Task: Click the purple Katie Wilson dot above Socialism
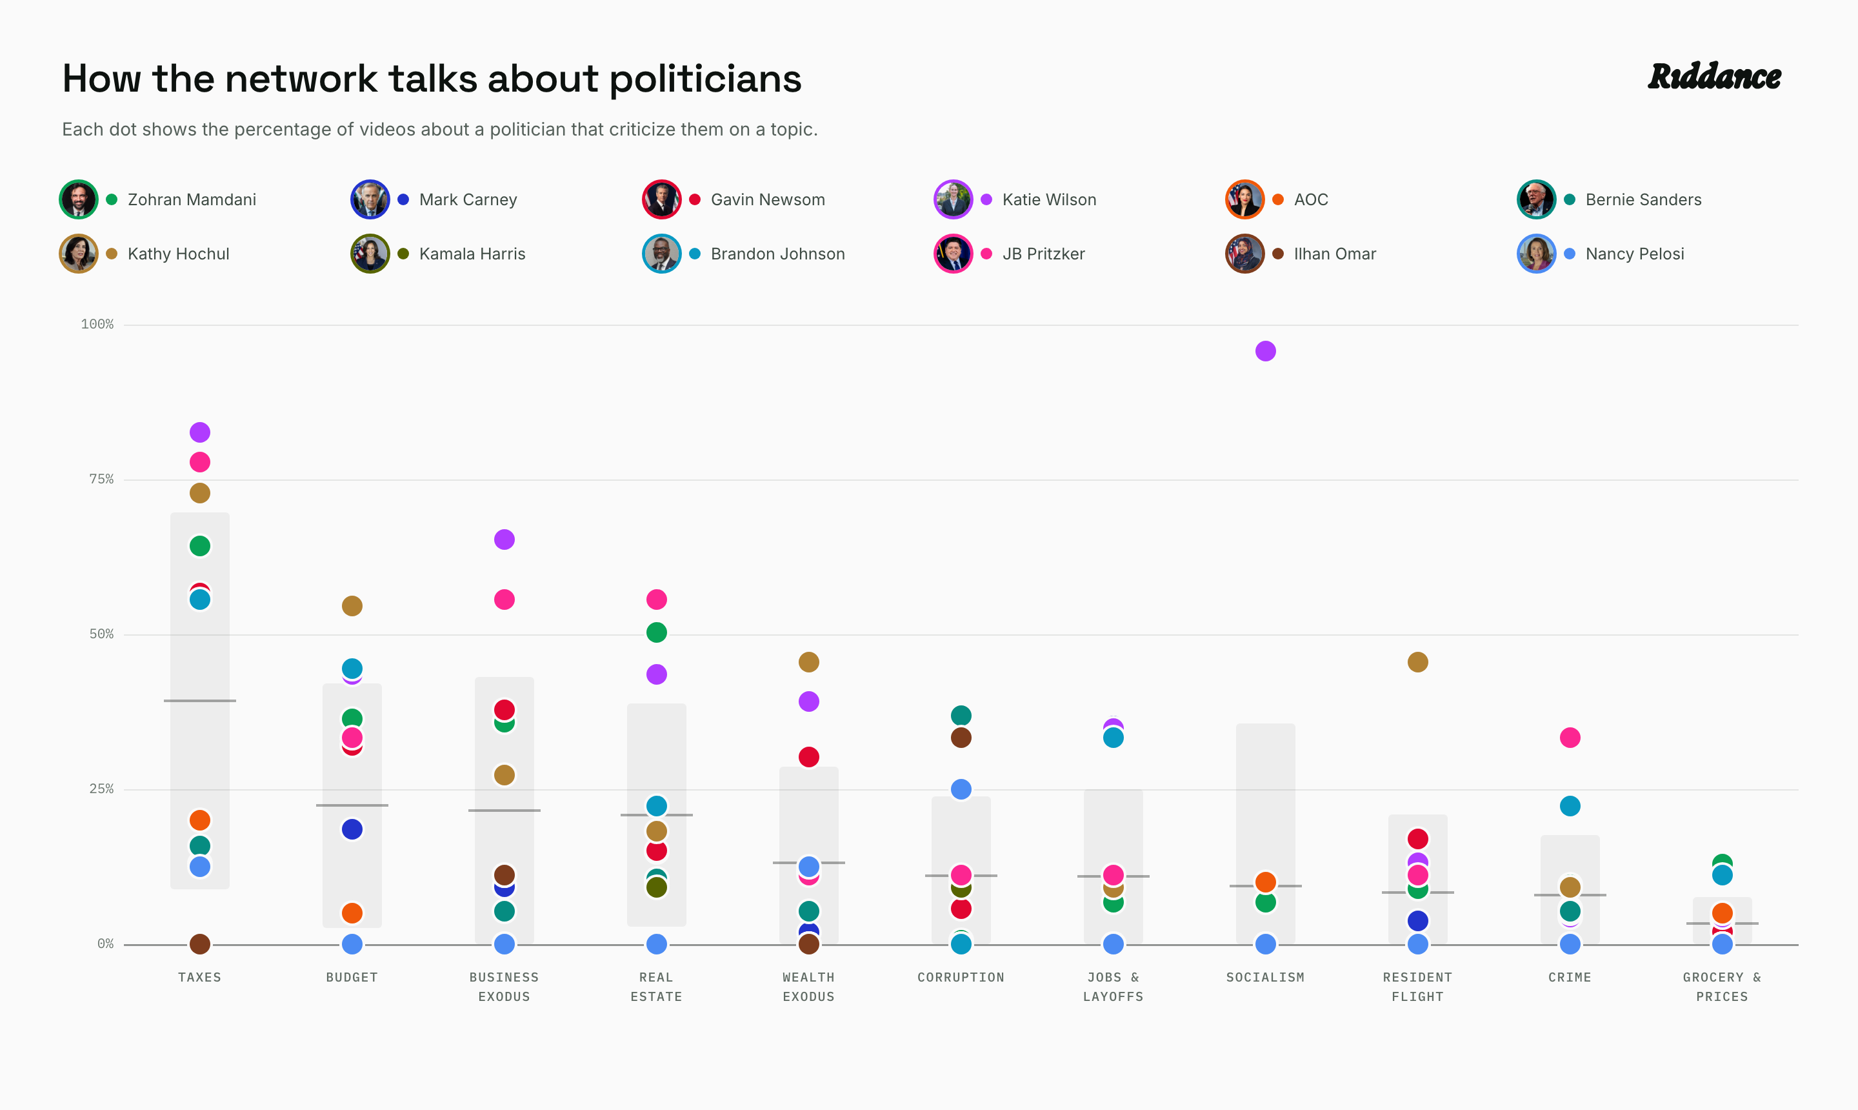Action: point(1265,351)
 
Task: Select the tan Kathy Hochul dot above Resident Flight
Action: point(1417,662)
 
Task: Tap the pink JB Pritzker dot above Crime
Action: point(1570,738)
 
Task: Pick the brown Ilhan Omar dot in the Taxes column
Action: point(199,944)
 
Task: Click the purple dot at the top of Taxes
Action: point(199,432)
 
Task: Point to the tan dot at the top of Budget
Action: point(352,606)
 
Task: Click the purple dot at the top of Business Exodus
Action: point(504,540)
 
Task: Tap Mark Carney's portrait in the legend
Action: point(370,199)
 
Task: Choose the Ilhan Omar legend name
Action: point(1335,254)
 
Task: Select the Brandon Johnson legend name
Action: point(777,254)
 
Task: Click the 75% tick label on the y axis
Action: point(102,479)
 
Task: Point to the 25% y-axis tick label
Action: point(102,789)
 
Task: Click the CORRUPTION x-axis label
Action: point(961,977)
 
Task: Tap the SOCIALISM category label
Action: point(1265,977)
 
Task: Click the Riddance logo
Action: point(1714,76)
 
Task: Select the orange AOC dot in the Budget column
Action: point(352,913)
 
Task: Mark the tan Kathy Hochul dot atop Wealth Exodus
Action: point(809,662)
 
